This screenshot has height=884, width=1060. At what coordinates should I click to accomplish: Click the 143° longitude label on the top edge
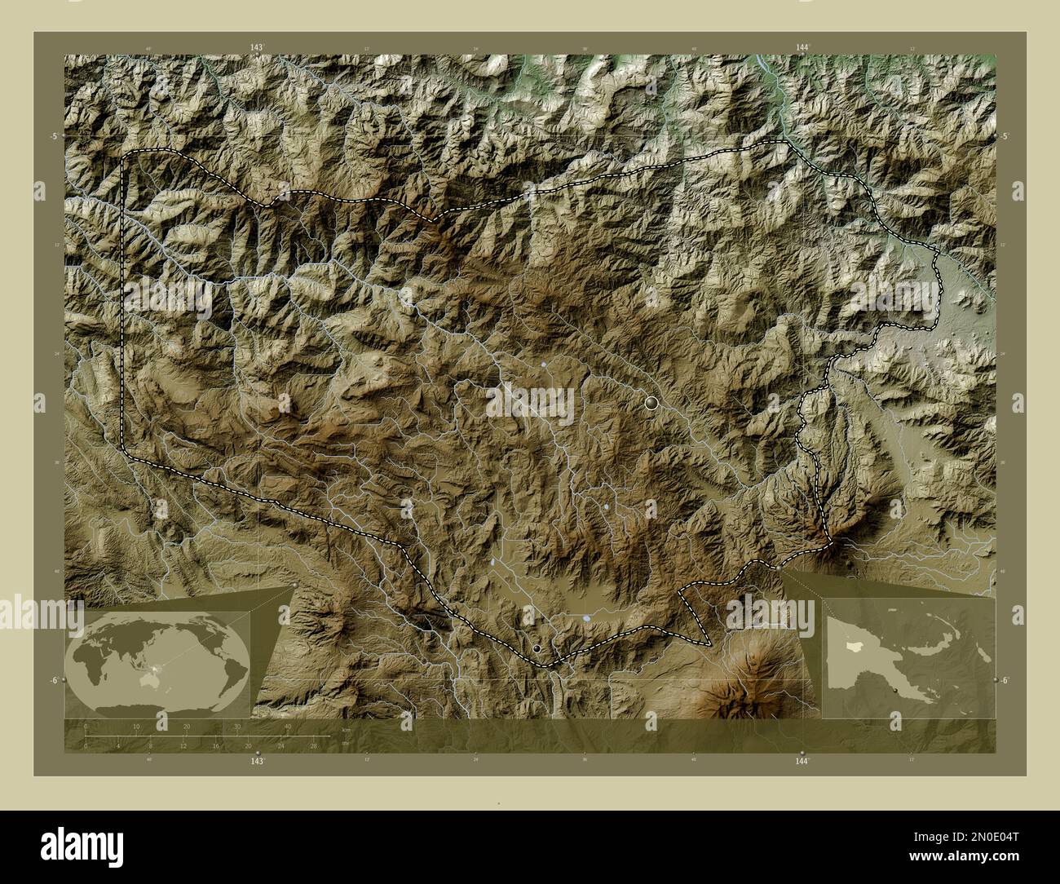(257, 48)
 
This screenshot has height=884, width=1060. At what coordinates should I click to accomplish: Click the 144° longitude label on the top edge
(802, 48)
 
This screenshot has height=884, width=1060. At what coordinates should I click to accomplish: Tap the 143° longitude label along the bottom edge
(257, 761)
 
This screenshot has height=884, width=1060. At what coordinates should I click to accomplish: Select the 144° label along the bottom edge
(802, 761)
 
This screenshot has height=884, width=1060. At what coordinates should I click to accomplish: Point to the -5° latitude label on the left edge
(55, 136)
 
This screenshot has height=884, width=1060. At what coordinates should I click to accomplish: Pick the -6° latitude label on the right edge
(1005, 679)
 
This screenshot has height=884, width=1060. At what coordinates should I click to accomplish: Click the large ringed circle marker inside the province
(651, 402)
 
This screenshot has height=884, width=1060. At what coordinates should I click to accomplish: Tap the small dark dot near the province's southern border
(537, 648)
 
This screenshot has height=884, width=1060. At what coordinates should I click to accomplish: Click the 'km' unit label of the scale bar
(346, 730)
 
